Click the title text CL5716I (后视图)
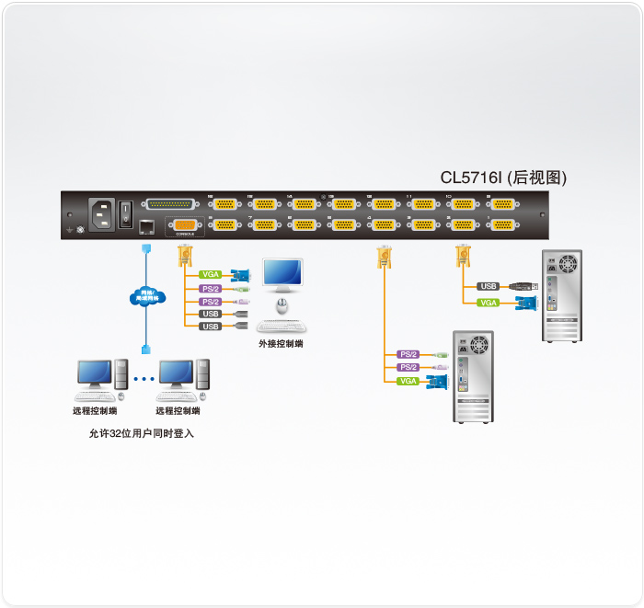(x=501, y=178)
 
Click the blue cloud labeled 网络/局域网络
(x=145, y=296)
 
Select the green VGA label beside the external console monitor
(x=211, y=274)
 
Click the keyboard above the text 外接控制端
(x=282, y=326)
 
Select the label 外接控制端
(x=281, y=344)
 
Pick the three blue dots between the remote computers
(x=144, y=378)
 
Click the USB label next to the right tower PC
(x=489, y=286)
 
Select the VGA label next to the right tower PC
(x=489, y=303)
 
